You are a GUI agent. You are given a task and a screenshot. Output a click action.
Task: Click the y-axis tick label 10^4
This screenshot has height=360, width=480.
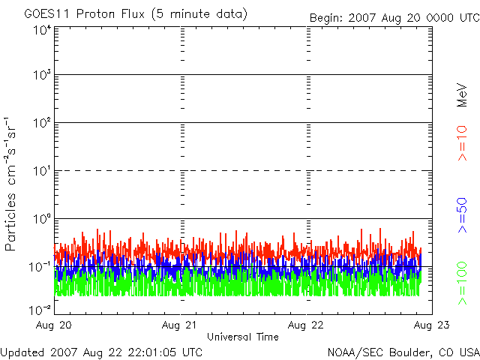tap(42, 30)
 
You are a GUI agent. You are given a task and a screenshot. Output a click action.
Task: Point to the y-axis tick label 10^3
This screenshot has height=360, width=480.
tap(42, 76)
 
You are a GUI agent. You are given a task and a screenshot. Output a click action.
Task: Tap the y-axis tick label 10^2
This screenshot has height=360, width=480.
tap(42, 124)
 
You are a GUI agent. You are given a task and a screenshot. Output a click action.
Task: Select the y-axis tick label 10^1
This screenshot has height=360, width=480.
tap(42, 172)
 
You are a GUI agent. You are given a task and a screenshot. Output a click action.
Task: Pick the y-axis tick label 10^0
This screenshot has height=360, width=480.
tap(42, 220)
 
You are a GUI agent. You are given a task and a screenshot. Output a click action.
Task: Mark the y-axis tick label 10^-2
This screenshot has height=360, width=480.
tap(40, 308)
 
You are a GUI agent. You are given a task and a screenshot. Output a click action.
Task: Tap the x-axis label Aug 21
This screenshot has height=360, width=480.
tap(181, 325)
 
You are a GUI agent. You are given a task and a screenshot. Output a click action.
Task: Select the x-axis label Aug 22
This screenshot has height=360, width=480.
tap(307, 325)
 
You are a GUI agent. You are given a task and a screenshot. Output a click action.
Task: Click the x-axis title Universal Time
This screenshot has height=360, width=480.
tap(242, 337)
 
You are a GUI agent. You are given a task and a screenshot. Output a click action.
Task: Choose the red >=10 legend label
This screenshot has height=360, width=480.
tap(463, 143)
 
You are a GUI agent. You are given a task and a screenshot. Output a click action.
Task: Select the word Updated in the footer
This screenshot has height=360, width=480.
tap(22, 352)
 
